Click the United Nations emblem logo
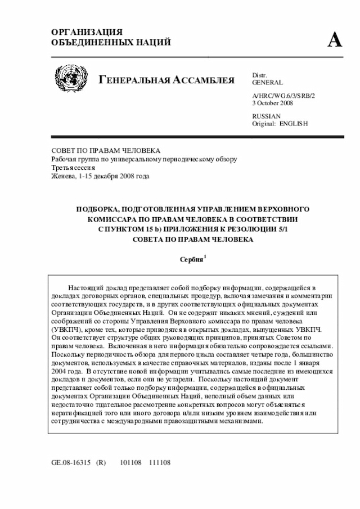[70, 79]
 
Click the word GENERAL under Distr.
[268, 82]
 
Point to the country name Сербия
[191, 259]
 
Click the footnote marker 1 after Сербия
[205, 256]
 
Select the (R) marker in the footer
[101, 463]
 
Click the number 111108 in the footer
[159, 463]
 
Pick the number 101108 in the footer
[131, 463]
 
